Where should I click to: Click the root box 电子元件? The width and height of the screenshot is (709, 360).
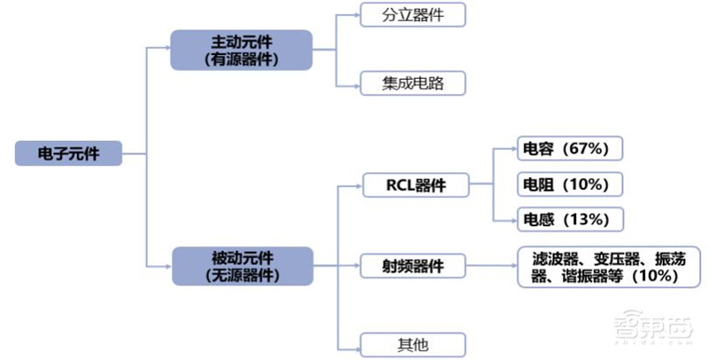click(x=67, y=153)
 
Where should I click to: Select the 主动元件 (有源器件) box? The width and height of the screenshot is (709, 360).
click(x=241, y=51)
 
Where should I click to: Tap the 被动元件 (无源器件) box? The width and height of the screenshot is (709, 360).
click(x=241, y=266)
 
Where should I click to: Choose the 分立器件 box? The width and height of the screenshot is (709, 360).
click(x=412, y=15)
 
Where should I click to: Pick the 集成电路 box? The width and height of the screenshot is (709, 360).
click(x=412, y=83)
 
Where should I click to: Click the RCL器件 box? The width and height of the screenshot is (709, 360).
click(x=415, y=185)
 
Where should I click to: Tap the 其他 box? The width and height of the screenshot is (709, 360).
click(x=413, y=343)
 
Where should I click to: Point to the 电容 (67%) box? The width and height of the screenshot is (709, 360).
click(x=571, y=149)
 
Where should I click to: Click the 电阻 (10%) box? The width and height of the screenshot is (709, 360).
click(x=571, y=184)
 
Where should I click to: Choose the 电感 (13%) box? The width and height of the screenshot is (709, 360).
click(x=571, y=219)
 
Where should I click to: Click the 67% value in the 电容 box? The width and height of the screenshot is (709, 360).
click(x=587, y=149)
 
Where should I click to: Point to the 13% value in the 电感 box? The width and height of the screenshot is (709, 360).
click(x=587, y=219)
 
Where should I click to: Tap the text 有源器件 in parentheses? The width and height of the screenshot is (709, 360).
click(x=241, y=60)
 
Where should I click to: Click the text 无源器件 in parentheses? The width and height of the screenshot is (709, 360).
click(x=241, y=276)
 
